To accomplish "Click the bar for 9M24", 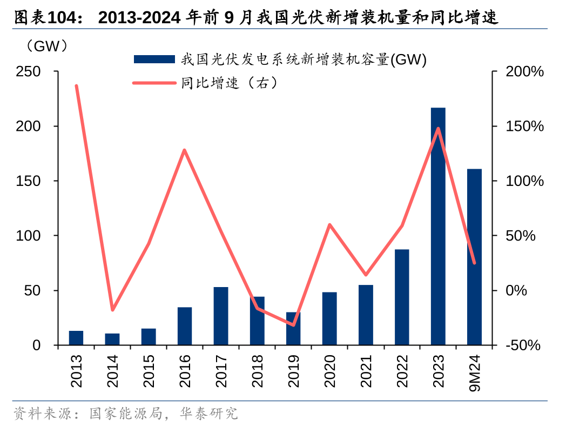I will point(474,257).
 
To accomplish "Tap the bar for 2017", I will point(221,316).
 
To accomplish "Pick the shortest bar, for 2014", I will point(112,339).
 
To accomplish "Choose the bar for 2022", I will point(402,297).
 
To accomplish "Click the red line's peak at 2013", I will point(77,86).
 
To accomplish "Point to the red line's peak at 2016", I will point(185,150).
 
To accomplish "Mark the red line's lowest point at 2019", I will point(293,325).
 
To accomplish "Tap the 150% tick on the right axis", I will point(524,126).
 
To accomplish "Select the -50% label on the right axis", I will point(522,345).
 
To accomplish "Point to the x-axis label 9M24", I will point(475,374).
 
